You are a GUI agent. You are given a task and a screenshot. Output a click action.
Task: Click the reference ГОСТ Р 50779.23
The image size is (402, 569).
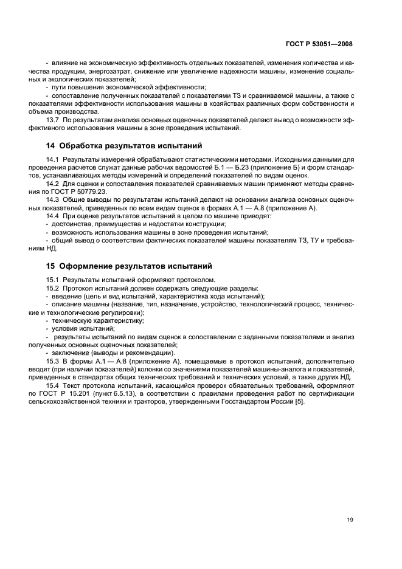(x=81, y=191)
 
